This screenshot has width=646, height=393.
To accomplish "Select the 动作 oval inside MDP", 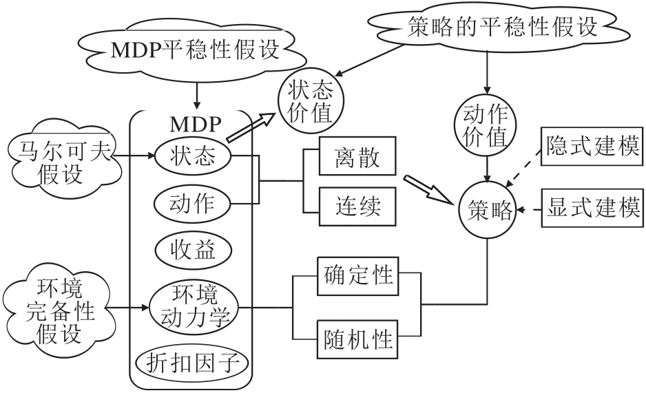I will (x=194, y=203).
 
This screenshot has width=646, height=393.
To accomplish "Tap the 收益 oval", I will (x=194, y=250).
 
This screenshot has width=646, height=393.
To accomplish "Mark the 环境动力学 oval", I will (x=194, y=307).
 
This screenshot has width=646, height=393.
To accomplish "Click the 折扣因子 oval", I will (x=194, y=361).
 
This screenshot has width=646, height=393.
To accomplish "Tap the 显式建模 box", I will (x=594, y=209).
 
